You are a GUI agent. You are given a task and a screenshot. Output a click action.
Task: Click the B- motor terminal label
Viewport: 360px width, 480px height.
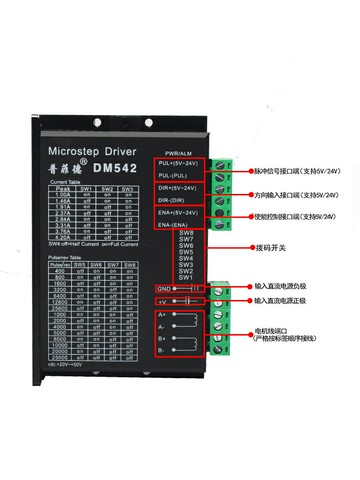pos(162,351)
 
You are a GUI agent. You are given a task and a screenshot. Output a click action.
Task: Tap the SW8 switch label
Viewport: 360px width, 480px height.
pos(185,233)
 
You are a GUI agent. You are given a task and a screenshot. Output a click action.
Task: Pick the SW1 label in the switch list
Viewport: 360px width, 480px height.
pos(185,276)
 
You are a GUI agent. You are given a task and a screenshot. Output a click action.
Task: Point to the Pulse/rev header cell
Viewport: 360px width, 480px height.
pos(61,263)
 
